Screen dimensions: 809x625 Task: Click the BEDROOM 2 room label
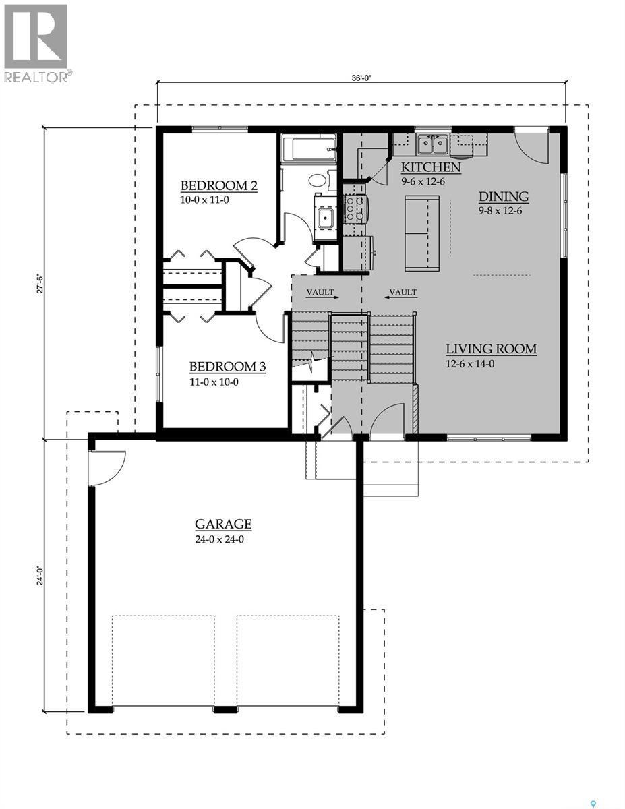(x=219, y=186)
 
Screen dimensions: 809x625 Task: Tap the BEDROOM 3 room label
(x=227, y=367)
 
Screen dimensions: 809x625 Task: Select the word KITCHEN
(x=431, y=167)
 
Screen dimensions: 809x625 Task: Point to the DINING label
(x=503, y=197)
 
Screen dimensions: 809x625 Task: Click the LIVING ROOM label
(x=491, y=349)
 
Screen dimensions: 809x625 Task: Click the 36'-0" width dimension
(x=361, y=78)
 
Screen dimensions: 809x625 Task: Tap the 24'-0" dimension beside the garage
(x=40, y=576)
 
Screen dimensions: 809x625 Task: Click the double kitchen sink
(x=432, y=144)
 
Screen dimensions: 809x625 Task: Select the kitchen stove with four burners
(x=355, y=209)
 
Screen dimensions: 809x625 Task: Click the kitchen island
(x=421, y=233)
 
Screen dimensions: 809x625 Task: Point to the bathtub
(x=309, y=148)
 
